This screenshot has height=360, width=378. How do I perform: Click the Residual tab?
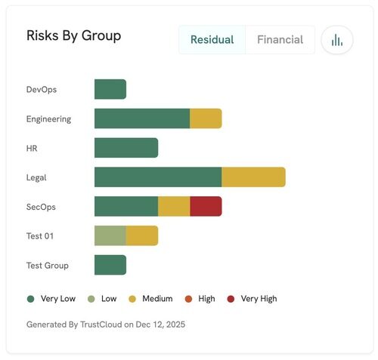pyautogui.click(x=212, y=40)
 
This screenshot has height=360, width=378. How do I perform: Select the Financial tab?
pyautogui.click(x=280, y=40)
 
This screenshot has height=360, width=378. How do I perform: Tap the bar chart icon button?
pyautogui.click(x=337, y=40)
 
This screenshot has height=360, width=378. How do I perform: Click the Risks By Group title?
pyautogui.click(x=73, y=35)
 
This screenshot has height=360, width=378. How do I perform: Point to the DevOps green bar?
pyautogui.click(x=110, y=89)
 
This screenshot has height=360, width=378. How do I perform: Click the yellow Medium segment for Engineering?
pyautogui.click(x=206, y=118)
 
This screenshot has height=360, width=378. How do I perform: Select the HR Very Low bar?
pyautogui.click(x=125, y=148)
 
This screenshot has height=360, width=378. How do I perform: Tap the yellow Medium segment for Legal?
pyautogui.click(x=253, y=177)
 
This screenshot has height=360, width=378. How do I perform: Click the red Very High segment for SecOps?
pyautogui.click(x=206, y=206)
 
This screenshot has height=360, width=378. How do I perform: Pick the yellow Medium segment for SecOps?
pyautogui.click(x=174, y=206)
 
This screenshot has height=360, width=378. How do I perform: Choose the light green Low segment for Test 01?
pyautogui.click(x=110, y=235)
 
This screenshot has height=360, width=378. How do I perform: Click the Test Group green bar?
pyautogui.click(x=110, y=265)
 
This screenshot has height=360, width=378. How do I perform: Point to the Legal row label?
pyautogui.click(x=36, y=177)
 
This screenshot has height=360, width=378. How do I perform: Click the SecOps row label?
pyautogui.click(x=41, y=207)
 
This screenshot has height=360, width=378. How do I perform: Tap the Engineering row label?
pyautogui.click(x=48, y=118)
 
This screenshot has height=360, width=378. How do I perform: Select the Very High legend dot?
pyautogui.click(x=231, y=299)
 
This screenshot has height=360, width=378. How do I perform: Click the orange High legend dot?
pyautogui.click(x=188, y=299)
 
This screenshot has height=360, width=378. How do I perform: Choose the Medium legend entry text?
pyautogui.click(x=157, y=299)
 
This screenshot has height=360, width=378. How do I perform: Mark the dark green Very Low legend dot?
pyautogui.click(x=31, y=299)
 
